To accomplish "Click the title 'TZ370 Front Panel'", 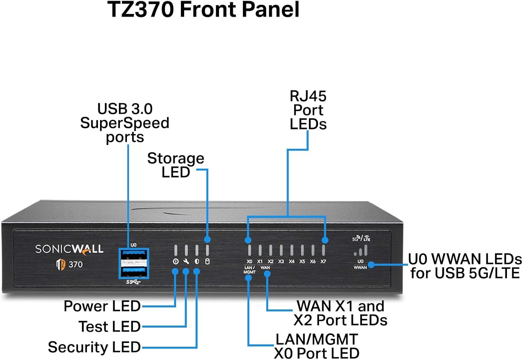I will tap(203, 9).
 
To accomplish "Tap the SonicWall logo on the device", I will tap(69, 249).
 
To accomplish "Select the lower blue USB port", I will tap(134, 271).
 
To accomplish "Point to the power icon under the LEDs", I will tap(176, 261).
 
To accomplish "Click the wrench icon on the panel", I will tap(186, 261).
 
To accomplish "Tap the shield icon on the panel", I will tap(197, 261).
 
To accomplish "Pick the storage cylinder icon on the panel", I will tap(207, 261).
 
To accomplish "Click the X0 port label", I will tap(249, 261).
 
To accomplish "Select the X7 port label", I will tap(323, 261).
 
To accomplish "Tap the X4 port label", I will tap(291, 261).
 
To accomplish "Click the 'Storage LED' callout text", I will tap(176, 165).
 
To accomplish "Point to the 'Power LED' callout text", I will tap(102, 306).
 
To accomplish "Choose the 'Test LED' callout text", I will tap(109, 327).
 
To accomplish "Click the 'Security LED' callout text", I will tap(94, 347).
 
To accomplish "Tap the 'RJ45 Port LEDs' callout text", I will tap(308, 110).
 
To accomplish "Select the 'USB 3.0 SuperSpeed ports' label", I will tap(125, 123).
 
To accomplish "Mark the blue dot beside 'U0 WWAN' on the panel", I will tap(371, 265).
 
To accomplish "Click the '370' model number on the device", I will tap(75, 265).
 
